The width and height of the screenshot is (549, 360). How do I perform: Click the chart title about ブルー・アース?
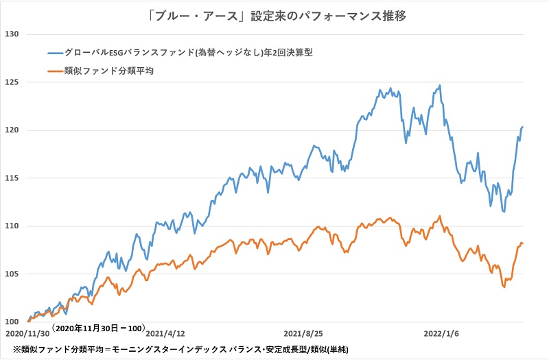tap(274, 15)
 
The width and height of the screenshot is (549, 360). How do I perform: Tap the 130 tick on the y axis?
tap(13, 34)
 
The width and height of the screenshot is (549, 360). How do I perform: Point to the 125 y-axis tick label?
tap(13, 82)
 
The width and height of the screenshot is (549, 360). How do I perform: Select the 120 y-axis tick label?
tap(13, 130)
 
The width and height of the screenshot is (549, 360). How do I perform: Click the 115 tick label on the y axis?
tap(13, 178)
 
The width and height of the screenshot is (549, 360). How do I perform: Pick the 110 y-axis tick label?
tap(13, 226)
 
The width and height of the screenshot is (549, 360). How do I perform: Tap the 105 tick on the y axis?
tap(13, 274)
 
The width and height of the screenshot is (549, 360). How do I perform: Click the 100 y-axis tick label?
tap(13, 322)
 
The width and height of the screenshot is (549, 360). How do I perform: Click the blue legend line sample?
tap(54, 52)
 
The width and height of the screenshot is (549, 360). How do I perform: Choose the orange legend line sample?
tap(54, 69)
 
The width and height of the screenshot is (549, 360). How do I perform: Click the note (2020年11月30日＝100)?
tap(97, 328)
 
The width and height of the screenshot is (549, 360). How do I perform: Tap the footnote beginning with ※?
tap(176, 350)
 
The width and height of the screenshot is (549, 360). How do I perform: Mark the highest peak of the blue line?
tap(439, 86)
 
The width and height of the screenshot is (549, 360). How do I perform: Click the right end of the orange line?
tap(523, 243)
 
